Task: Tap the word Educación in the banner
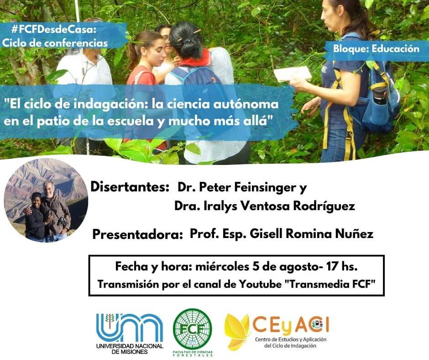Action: click(395, 49)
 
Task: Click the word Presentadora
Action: click(137, 234)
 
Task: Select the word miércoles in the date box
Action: click(222, 267)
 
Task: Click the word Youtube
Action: click(260, 284)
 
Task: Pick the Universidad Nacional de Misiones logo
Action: click(130, 334)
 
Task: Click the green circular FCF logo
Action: click(193, 329)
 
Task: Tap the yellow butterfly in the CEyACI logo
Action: click(237, 332)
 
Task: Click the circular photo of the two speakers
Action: click(46, 200)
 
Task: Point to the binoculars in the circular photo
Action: click(63, 221)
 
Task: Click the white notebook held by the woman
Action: click(293, 74)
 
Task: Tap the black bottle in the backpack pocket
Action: click(380, 96)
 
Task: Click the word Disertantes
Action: click(130, 187)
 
